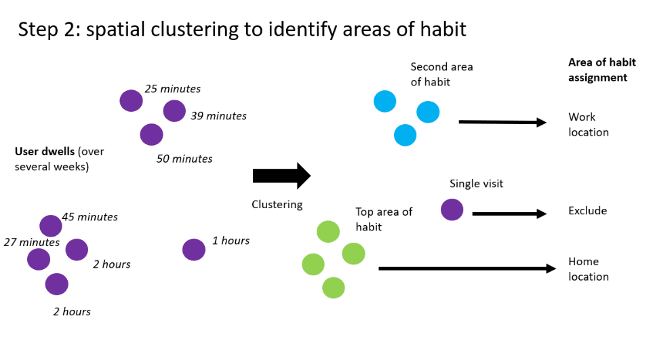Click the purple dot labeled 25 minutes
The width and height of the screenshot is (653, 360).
132,101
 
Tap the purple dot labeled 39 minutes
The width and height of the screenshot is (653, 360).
174,111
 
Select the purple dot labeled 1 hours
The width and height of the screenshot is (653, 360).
194,249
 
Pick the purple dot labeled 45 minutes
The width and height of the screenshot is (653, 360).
51,226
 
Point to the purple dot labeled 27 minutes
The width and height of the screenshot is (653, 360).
39,258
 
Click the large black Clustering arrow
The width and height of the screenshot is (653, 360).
281,176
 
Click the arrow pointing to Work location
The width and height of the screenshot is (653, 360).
502,123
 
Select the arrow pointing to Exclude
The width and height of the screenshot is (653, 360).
509,214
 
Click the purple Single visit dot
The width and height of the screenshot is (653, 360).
452,209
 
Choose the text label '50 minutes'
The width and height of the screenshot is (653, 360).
184,159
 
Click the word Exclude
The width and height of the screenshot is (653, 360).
587,211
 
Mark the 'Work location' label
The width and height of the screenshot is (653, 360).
589,125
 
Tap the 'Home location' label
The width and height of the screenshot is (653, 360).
589,269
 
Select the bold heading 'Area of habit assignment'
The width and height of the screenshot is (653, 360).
601,70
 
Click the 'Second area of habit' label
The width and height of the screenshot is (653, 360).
441,75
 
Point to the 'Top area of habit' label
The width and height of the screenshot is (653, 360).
384,219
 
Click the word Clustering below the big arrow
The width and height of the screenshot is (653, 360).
277,204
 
